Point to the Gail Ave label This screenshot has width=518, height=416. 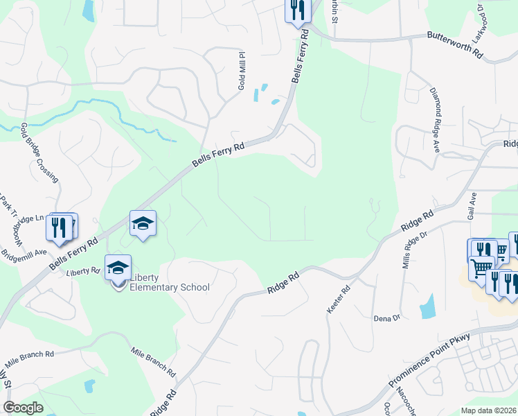coord(474,206)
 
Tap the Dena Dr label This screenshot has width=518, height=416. coord(387,318)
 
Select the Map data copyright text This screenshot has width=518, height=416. coord(489,410)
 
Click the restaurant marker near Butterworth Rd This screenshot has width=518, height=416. coord(298,10)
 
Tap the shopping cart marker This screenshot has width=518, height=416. coord(481,267)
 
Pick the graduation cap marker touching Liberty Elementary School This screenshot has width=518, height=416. coord(118,266)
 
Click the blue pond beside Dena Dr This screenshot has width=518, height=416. coord(427,306)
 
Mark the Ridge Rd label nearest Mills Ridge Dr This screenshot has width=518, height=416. coord(417,223)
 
